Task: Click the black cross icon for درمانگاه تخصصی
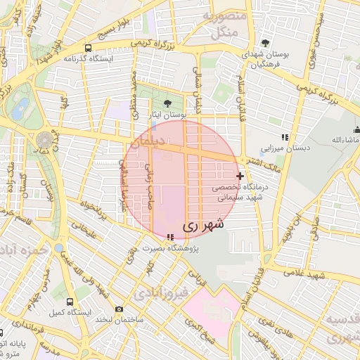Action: [240, 175]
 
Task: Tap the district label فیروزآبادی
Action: [162, 290]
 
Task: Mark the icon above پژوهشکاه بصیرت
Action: [171, 238]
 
